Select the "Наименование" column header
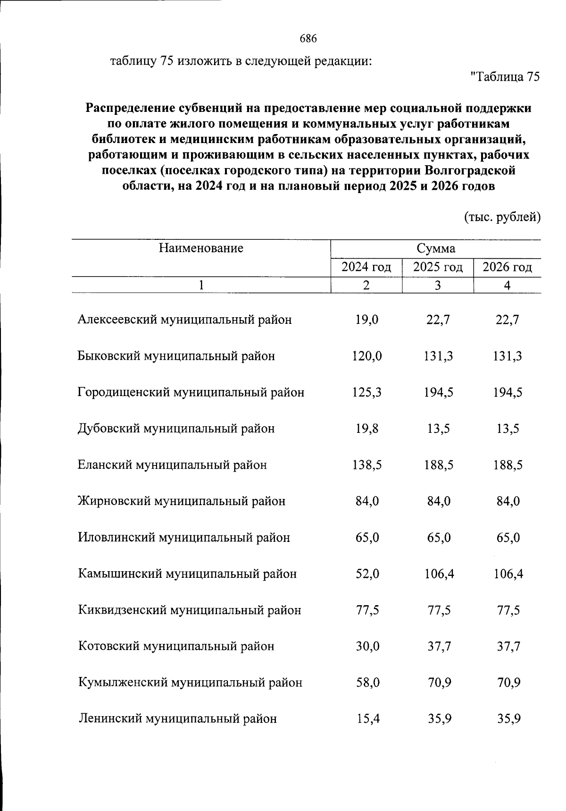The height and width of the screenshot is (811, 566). pyautogui.click(x=201, y=248)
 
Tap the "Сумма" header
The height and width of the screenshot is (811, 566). pyautogui.click(x=436, y=249)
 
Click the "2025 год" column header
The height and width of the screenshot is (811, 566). pyautogui.click(x=438, y=268)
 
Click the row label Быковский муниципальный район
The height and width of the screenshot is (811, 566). pyautogui.click(x=176, y=356)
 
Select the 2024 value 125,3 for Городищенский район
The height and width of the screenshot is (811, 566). pyautogui.click(x=367, y=392)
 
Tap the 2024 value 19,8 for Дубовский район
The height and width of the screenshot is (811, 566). pyautogui.click(x=367, y=429)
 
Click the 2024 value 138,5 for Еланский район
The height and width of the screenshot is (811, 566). pyautogui.click(x=367, y=465)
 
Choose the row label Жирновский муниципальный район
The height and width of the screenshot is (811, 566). pyautogui.click(x=182, y=501)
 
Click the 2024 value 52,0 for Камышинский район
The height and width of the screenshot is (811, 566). pyautogui.click(x=367, y=574)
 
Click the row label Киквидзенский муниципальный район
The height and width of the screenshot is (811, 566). pyautogui.click(x=190, y=610)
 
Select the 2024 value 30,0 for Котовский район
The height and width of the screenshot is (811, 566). pyautogui.click(x=367, y=646)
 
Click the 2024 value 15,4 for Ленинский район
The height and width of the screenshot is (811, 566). pyautogui.click(x=367, y=719)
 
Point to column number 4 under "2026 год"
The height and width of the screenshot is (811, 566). pyautogui.click(x=508, y=286)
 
